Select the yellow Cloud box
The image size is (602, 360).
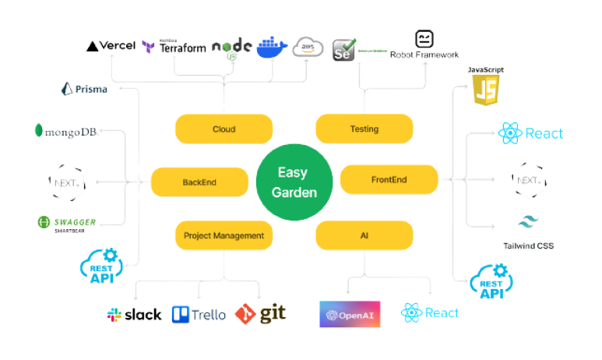pyautogui.click(x=223, y=129)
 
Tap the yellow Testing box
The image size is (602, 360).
pyautogui.click(x=364, y=129)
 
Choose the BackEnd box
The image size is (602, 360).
pyautogui.click(x=199, y=182)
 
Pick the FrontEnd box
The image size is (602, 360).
pyautogui.click(x=389, y=180)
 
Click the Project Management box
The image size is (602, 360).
pyautogui.click(x=223, y=235)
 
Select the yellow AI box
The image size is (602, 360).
pyautogui.click(x=364, y=235)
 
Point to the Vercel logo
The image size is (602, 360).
pyautogui.click(x=111, y=46)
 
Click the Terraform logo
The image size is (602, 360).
pyautogui.click(x=174, y=47)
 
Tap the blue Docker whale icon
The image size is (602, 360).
pyautogui.click(x=272, y=47)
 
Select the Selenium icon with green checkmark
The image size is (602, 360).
pyautogui.click(x=343, y=50)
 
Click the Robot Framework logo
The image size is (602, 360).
pyautogui.click(x=425, y=45)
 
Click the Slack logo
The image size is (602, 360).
pyautogui.click(x=134, y=314)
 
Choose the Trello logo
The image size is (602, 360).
pyautogui.click(x=198, y=314)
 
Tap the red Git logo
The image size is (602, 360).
pyautogui.click(x=261, y=313)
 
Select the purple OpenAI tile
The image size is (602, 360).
pyautogui.click(x=350, y=314)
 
